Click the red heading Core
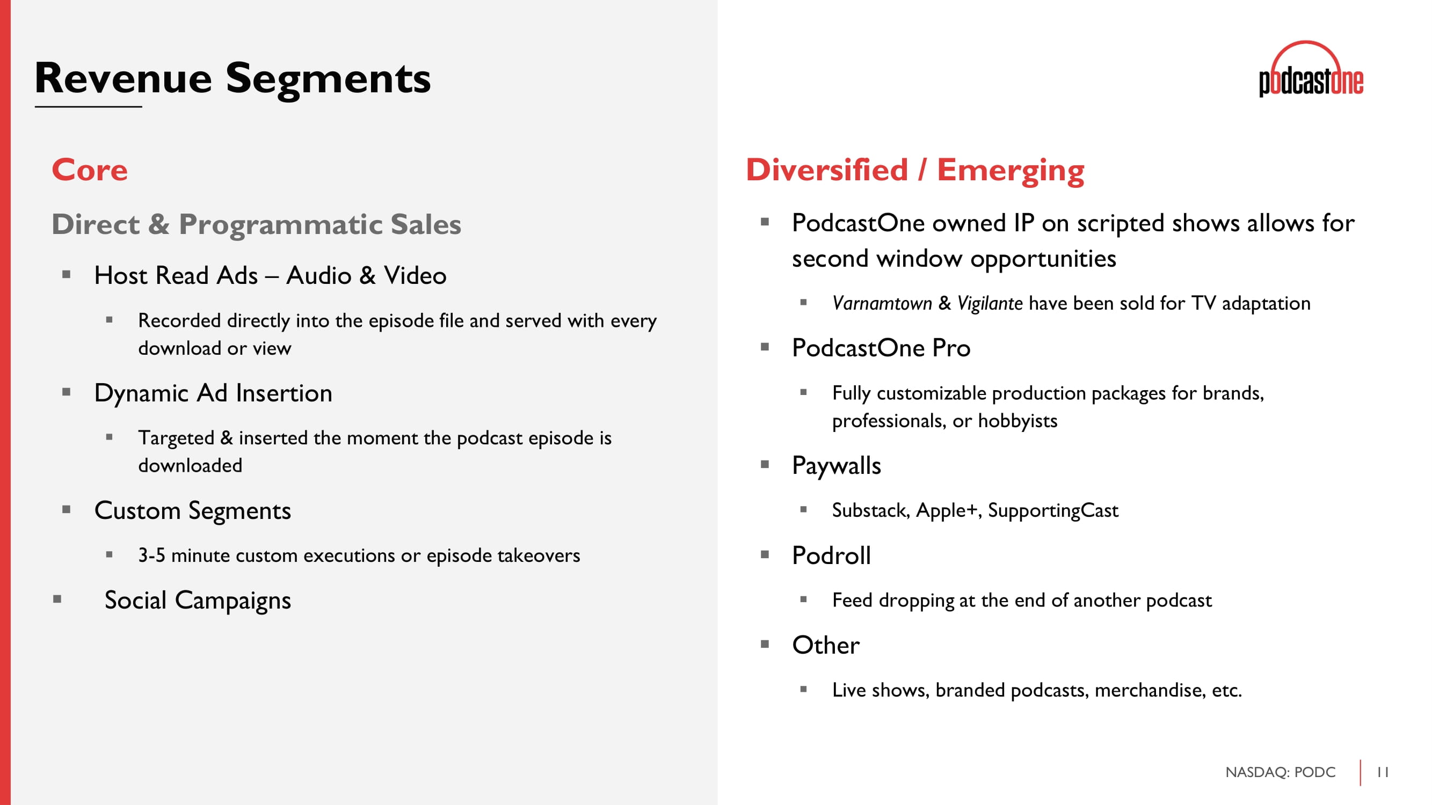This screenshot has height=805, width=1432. click(90, 170)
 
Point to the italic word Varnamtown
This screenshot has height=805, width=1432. click(882, 303)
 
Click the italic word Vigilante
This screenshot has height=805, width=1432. click(990, 303)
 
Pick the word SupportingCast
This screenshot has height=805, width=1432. click(1053, 510)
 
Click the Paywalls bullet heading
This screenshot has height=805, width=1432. click(836, 465)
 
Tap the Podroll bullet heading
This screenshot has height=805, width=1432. click(831, 555)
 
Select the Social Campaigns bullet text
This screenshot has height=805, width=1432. click(198, 601)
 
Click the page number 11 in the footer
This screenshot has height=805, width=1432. click(1383, 772)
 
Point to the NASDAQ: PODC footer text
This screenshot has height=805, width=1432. click(1280, 772)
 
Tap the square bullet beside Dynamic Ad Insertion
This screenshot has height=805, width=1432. click(67, 392)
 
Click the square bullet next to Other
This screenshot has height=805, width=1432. click(765, 645)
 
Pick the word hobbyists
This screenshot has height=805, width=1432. click(1017, 421)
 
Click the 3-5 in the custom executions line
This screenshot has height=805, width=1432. click(151, 555)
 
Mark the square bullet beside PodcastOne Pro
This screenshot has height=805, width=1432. click(765, 347)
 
